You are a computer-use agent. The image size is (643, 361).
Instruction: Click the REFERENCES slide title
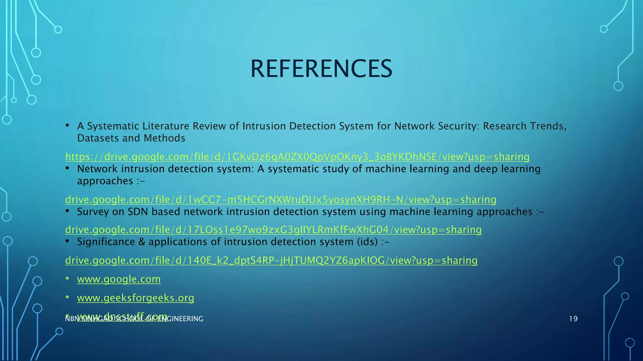321,69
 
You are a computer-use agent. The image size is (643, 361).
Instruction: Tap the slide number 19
573,319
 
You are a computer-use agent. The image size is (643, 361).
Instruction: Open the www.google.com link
119,279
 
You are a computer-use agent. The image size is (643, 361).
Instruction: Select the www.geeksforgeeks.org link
135,298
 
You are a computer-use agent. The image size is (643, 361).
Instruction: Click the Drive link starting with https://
297,157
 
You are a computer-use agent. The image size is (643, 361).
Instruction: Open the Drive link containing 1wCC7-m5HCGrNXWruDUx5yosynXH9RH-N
281,200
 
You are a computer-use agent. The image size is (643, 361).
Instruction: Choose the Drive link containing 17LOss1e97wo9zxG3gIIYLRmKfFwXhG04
273,230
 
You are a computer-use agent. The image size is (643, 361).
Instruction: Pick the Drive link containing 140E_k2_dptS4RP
271,260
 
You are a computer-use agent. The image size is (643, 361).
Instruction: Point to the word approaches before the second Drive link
105,181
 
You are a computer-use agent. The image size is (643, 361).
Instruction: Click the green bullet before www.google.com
67,278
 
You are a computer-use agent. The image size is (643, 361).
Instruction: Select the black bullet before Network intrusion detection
67,168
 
